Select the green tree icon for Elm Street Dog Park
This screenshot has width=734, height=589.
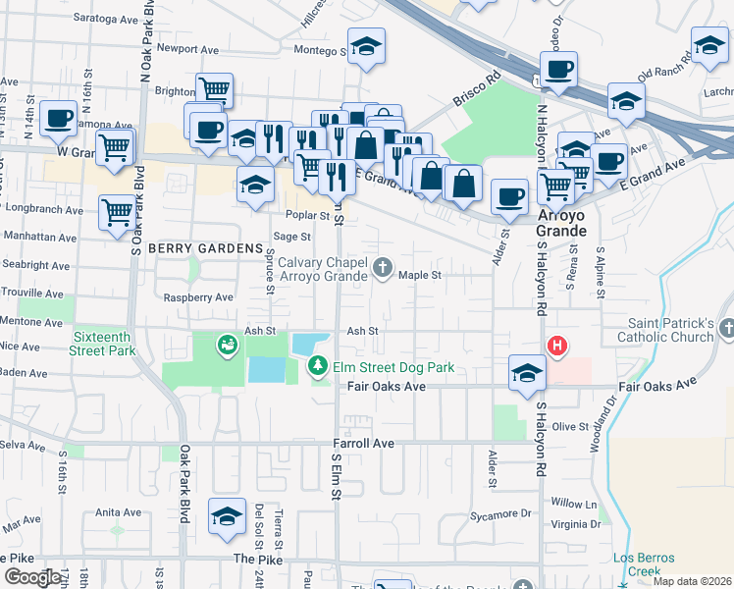(318, 367)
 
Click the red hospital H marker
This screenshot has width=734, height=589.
(557, 346)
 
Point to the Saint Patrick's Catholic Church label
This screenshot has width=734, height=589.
(671, 330)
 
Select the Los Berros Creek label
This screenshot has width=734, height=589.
(644, 564)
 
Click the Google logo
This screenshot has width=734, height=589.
(32, 578)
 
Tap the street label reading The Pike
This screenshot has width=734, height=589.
(257, 559)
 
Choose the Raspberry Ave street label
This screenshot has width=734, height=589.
(198, 296)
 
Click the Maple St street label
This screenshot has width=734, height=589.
(421, 276)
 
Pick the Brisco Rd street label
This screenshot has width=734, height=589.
(477, 93)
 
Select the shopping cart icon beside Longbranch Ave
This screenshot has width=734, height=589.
(117, 209)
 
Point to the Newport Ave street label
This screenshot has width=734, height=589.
(186, 48)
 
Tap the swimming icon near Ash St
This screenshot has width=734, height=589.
(228, 345)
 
